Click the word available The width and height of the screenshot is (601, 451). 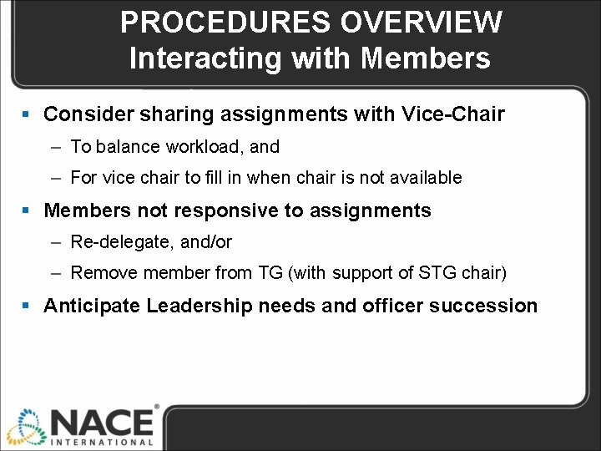427,178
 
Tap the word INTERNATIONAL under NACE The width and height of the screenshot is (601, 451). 104,442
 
